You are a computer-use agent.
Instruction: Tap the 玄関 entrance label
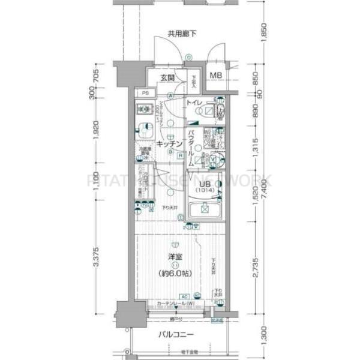(167, 78)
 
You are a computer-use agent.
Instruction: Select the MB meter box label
(215, 76)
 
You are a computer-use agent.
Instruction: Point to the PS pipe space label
(145, 93)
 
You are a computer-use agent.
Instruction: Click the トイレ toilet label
(196, 103)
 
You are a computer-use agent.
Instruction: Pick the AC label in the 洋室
(185, 296)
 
